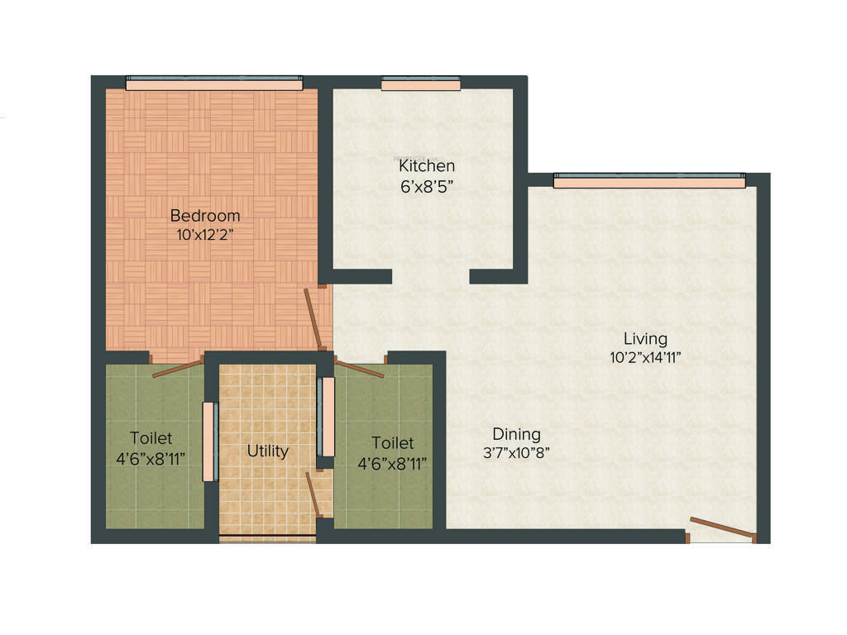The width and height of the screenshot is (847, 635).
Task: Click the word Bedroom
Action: click(x=205, y=216)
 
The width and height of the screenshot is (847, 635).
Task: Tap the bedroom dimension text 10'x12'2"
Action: click(x=205, y=235)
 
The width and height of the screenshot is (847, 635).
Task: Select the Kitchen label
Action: click(x=427, y=166)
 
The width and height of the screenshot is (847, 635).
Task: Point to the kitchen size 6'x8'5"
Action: click(x=427, y=185)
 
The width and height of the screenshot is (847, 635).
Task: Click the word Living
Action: click(x=645, y=338)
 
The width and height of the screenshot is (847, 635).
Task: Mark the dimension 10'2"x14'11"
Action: click(x=645, y=357)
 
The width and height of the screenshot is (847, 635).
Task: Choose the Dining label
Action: click(x=516, y=433)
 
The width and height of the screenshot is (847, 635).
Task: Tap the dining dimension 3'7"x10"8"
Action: click(x=516, y=452)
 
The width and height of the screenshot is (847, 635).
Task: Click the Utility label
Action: click(x=268, y=451)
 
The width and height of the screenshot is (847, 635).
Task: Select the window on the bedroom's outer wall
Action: click(x=214, y=83)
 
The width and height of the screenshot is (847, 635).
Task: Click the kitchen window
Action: click(x=421, y=83)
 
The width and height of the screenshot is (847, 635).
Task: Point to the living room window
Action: click(x=648, y=180)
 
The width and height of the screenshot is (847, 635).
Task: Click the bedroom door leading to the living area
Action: click(x=314, y=319)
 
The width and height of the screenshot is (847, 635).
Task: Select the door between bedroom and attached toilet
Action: click(x=177, y=368)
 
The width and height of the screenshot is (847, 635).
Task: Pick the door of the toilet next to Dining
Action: click(x=359, y=369)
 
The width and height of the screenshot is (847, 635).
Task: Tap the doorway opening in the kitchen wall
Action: click(x=430, y=276)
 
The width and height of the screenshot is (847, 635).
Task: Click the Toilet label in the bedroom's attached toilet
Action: click(x=151, y=437)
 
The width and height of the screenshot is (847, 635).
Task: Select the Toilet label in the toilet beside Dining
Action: click(x=392, y=443)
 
